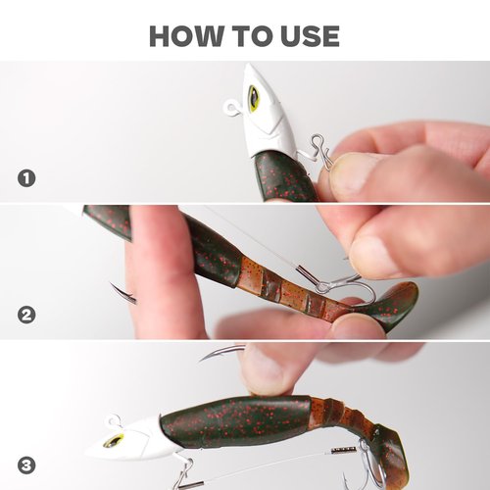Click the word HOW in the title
point(184,36)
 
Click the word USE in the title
point(308,36)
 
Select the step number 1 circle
point(26,178)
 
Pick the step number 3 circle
point(26,463)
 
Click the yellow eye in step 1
point(253,97)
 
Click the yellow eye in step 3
point(115,441)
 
